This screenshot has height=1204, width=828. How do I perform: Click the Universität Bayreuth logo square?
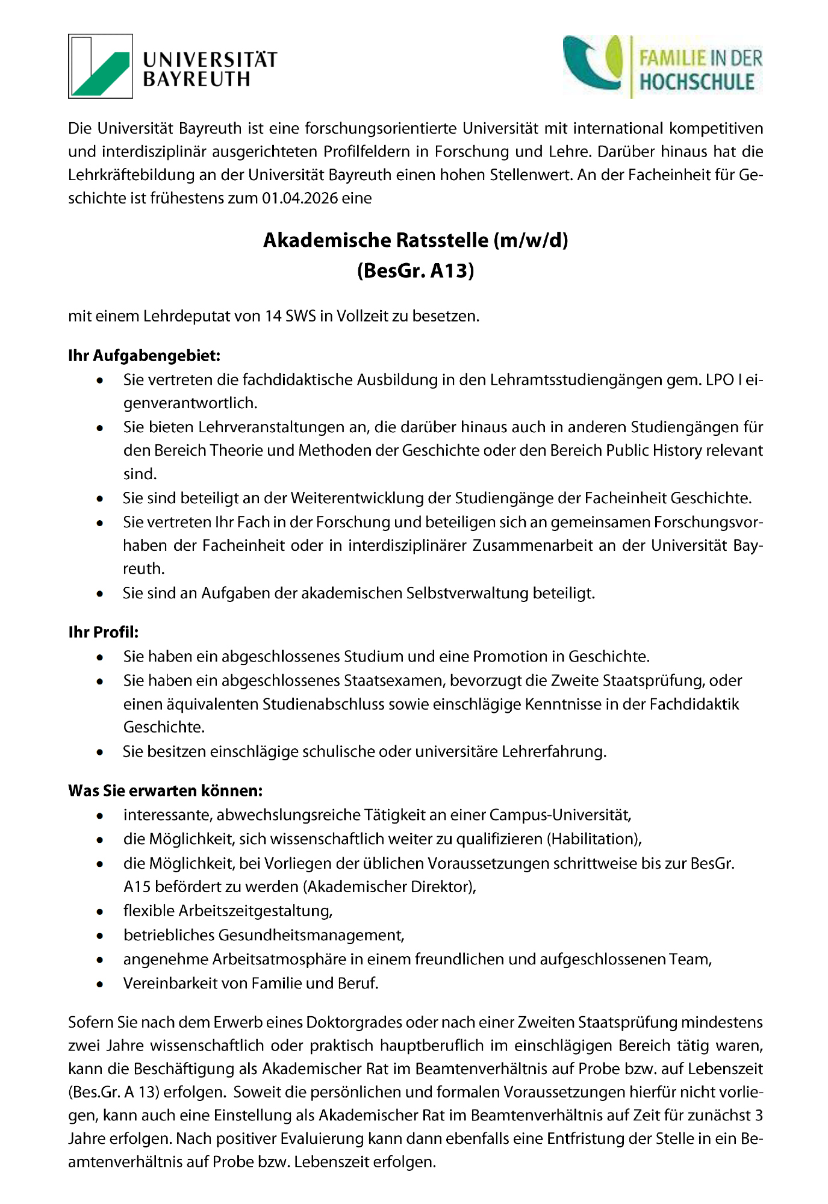[x=101, y=66]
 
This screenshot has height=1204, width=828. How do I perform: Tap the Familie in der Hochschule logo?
[x=662, y=66]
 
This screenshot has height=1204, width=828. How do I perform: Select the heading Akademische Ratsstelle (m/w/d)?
[x=416, y=240]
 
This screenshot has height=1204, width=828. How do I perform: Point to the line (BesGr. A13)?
[x=416, y=271]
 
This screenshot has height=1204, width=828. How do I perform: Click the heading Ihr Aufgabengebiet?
[x=145, y=356]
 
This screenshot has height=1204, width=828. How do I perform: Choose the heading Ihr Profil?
[x=104, y=632]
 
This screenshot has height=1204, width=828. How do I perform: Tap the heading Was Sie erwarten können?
[x=166, y=790]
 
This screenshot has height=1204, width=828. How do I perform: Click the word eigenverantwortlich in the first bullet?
[x=190, y=403]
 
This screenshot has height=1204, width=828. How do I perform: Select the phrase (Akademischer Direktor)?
[x=390, y=887]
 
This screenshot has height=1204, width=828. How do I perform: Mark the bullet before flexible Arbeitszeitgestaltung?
[x=99, y=912]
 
